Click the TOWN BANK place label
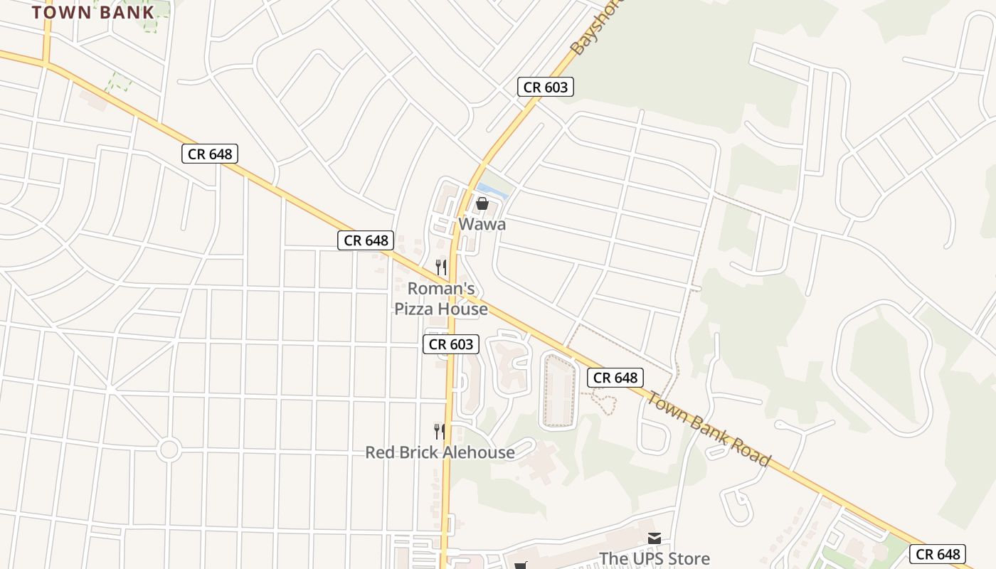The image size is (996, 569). [x=92, y=11]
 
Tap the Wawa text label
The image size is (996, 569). [x=482, y=224]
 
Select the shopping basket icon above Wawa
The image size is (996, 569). [x=482, y=204]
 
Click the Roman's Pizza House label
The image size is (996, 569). [x=441, y=299]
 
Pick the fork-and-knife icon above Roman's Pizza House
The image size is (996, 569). [x=441, y=267]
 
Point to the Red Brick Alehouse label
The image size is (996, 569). [x=440, y=452]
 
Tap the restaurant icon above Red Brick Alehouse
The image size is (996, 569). [x=440, y=431]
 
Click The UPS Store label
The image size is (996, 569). [x=654, y=558]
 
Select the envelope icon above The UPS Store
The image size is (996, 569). [x=654, y=538]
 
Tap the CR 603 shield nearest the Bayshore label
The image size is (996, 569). [x=545, y=87]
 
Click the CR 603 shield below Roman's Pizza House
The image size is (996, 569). [x=451, y=344]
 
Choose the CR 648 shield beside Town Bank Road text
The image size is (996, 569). [x=615, y=378]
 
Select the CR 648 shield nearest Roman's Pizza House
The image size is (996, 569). [x=366, y=240]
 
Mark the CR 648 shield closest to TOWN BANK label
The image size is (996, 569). [x=209, y=154]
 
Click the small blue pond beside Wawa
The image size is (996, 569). [x=493, y=190]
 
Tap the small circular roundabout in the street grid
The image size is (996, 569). [x=169, y=450]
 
